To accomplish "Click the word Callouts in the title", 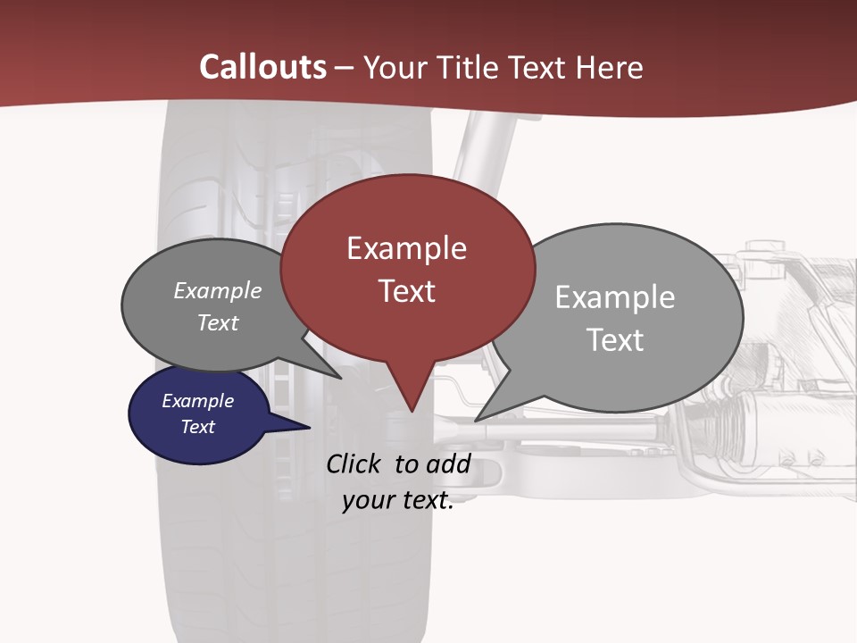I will [262, 67].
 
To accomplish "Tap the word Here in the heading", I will [609, 68].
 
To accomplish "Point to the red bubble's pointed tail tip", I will [412, 411].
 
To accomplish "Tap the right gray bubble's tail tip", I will [478, 419].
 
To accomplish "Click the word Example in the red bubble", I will [407, 248].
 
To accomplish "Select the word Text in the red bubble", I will [407, 291].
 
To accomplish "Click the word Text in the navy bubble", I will [198, 427].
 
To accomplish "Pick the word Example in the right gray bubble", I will [615, 297].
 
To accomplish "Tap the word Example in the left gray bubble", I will [218, 291].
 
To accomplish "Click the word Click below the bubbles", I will [356, 464].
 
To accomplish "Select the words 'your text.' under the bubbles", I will [398, 501].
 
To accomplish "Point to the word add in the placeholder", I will [448, 464].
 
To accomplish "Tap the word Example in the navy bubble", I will [198, 401].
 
